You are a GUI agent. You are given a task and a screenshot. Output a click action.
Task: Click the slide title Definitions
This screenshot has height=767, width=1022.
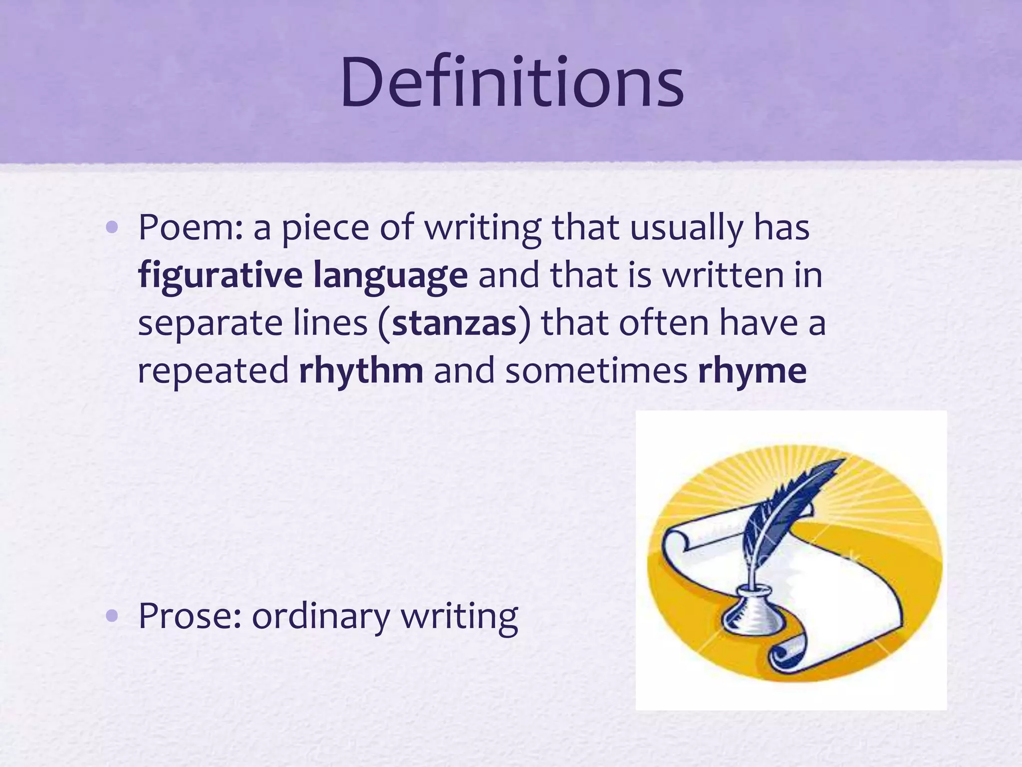[512, 82]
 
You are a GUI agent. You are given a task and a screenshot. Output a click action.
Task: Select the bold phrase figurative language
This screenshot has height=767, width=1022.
[303, 276]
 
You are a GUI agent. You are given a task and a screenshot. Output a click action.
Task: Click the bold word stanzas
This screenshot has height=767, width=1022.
[454, 324]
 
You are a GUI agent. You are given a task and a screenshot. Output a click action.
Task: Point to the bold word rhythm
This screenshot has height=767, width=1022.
[361, 371]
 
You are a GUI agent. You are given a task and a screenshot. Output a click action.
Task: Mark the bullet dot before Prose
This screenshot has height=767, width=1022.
[112, 616]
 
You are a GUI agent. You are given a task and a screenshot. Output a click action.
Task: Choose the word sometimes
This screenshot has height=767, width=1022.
[596, 371]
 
